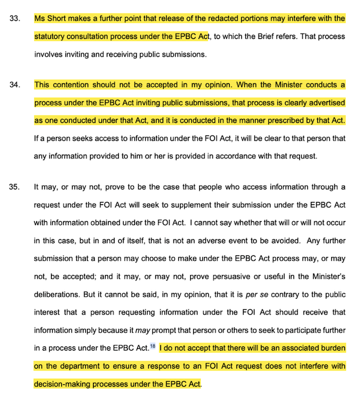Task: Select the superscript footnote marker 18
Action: (x=154, y=346)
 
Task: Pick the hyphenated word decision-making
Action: (x=63, y=383)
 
